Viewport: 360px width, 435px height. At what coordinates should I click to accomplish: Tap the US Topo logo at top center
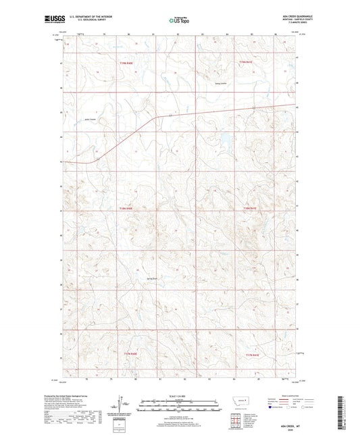tap(179, 20)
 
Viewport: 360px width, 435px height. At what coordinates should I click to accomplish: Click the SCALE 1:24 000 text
tap(180, 396)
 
